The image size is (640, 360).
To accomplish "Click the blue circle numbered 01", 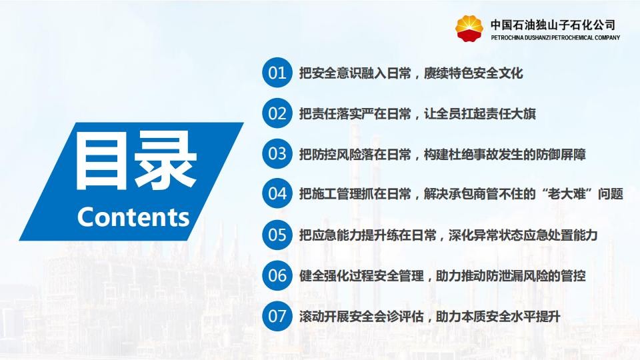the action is (277, 73).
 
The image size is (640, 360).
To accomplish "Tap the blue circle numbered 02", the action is (277, 113).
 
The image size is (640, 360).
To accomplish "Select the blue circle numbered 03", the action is (277, 154).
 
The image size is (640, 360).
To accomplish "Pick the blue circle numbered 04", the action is (277, 193).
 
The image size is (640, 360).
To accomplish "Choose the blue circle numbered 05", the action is (277, 235).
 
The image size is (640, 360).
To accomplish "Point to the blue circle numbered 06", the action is (277, 275).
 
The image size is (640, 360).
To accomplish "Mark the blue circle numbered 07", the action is (277, 316).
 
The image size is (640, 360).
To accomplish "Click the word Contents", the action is (133, 217).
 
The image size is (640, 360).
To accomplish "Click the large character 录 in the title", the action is (165, 163).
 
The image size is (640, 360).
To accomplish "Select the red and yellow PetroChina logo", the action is (469, 29).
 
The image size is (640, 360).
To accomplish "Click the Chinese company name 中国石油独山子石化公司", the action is (553, 25).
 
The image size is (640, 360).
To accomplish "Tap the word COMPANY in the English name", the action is (607, 37).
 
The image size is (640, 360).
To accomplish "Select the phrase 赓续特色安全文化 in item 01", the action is (473, 73).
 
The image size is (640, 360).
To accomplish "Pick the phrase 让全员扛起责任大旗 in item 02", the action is (480, 113).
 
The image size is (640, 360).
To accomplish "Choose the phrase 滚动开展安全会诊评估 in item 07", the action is (361, 316).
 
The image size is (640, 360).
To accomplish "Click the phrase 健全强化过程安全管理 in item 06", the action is (361, 276).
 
